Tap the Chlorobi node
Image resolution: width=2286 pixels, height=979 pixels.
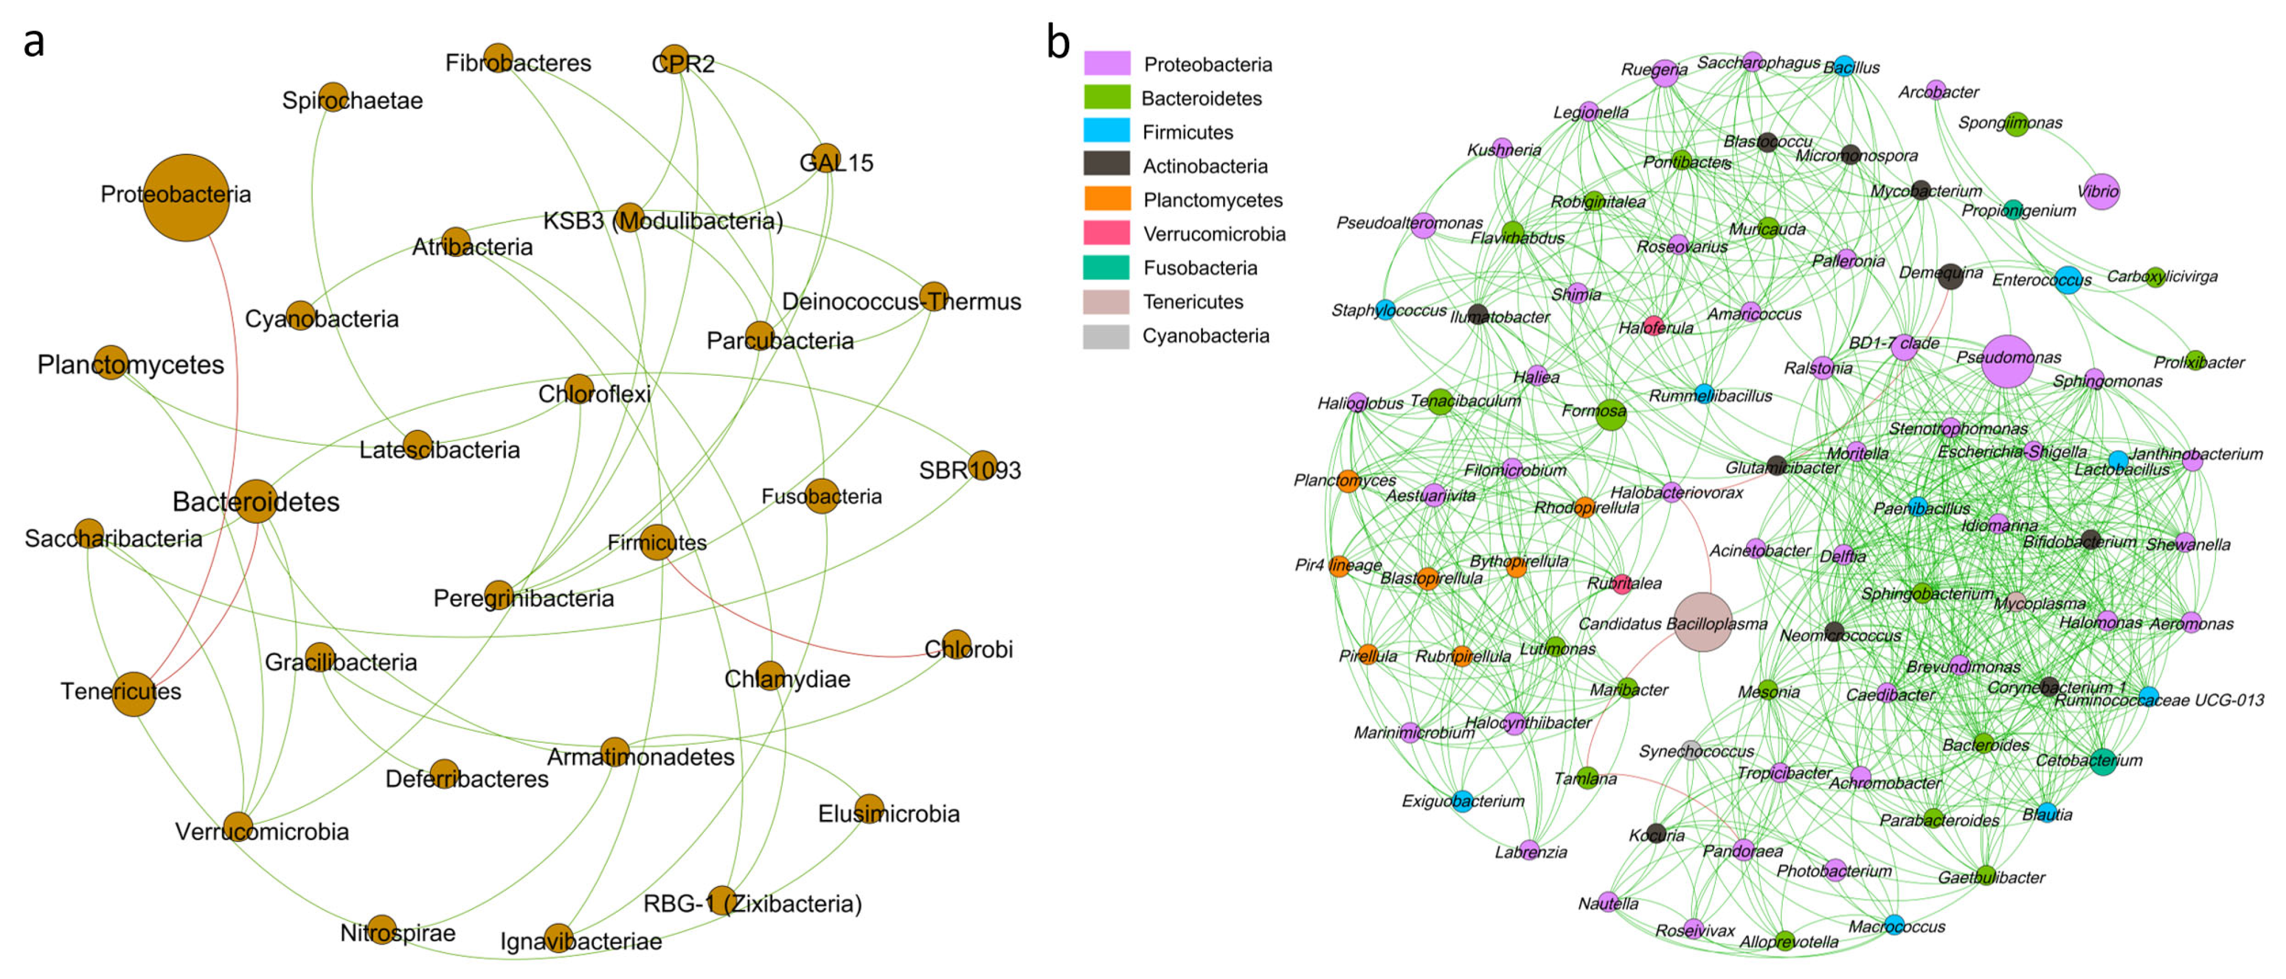(x=956, y=645)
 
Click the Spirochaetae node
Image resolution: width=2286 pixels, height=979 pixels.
(x=333, y=97)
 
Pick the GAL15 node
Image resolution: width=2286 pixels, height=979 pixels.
(x=826, y=158)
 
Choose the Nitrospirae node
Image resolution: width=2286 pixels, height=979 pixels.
(x=382, y=929)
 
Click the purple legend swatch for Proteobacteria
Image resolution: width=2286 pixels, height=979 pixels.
(x=1107, y=63)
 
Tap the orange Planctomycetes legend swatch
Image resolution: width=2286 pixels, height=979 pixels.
(x=1107, y=199)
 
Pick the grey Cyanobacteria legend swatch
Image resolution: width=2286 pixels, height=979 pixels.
(x=1107, y=335)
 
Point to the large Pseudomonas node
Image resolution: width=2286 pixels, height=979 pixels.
(x=2008, y=361)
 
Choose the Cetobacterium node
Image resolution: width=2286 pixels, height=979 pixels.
(x=2102, y=761)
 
